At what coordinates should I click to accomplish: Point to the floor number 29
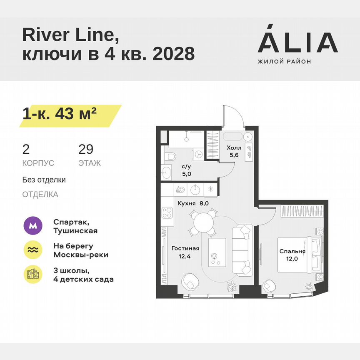click(86, 149)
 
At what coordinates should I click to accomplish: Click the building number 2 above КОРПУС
click(26, 149)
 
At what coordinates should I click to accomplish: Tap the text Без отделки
click(44, 180)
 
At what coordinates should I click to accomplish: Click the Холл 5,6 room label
click(233, 152)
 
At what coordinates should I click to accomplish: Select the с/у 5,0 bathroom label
click(186, 170)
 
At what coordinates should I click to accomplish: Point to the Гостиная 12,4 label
click(185, 252)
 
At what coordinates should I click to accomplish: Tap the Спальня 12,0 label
click(292, 255)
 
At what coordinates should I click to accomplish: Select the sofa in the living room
click(242, 250)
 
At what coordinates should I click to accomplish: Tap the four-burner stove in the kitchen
click(167, 216)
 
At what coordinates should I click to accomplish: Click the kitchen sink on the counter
click(195, 189)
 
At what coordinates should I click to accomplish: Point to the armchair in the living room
click(190, 282)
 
